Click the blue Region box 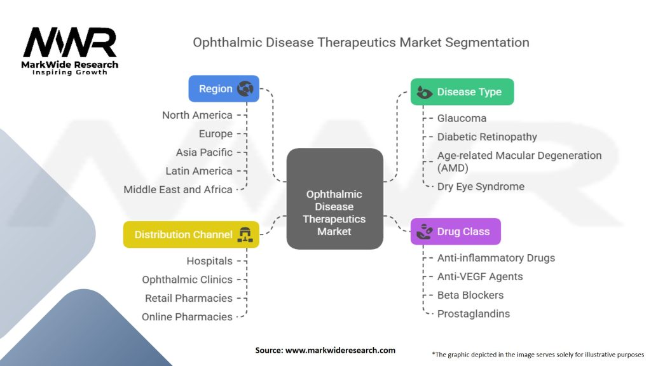223,89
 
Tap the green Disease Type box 462,92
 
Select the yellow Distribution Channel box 191,234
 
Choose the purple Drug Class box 455,232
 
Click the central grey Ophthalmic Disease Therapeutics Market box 334,199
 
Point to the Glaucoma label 462,118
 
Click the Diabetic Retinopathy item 487,137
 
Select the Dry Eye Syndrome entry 481,187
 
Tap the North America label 197,115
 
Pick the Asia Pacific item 204,152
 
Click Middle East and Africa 178,189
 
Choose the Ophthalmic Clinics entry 187,280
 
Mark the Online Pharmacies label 187,316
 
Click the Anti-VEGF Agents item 480,276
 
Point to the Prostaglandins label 473,314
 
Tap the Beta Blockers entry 470,295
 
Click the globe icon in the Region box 245,89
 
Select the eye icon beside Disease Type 424,92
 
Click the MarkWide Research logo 70,51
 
